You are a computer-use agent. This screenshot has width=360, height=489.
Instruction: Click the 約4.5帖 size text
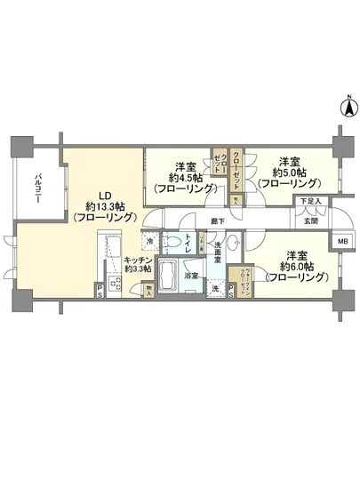coord(184,177)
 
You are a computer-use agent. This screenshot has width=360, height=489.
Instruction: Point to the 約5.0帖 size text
coord(290,172)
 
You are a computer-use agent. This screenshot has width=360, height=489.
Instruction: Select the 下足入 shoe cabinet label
coord(310,202)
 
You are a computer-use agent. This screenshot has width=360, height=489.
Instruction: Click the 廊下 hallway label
coord(216,220)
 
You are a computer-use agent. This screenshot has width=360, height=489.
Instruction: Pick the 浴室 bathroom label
coord(190,276)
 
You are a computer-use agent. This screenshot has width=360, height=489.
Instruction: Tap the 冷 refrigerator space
coord(153,241)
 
